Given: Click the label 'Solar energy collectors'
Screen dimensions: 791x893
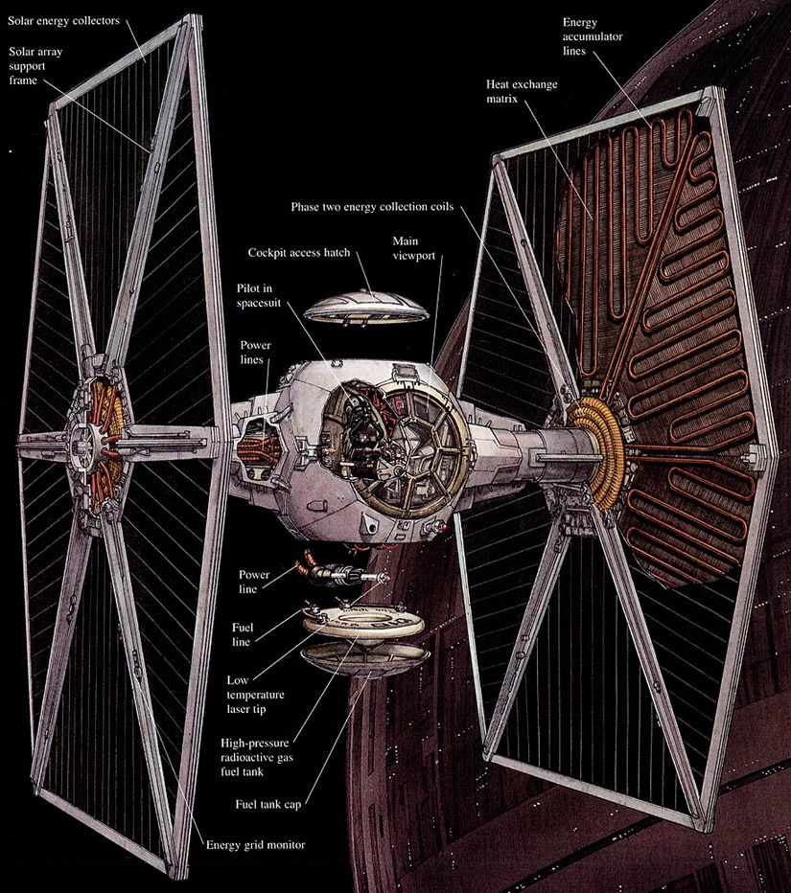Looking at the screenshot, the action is pyautogui.click(x=63, y=21).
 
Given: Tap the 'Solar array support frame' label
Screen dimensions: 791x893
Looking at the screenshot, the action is pyautogui.click(x=35, y=66).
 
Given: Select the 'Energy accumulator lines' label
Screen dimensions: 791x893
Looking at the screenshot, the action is pyautogui.click(x=593, y=36).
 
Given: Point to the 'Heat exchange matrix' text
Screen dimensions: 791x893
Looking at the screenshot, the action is pyautogui.click(x=522, y=91).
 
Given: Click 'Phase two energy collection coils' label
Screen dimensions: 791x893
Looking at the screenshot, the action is pyautogui.click(x=372, y=207).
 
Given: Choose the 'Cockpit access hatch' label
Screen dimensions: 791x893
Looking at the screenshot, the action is pyautogui.click(x=298, y=252).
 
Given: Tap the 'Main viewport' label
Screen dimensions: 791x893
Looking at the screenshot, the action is pyautogui.click(x=414, y=248).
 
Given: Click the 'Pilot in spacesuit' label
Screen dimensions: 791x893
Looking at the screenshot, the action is pyautogui.click(x=259, y=295).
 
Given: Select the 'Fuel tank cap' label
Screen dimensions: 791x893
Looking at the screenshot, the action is pyautogui.click(x=268, y=804).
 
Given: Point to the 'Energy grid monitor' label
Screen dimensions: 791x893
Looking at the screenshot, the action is pyautogui.click(x=255, y=844).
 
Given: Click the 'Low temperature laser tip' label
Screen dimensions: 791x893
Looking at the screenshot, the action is pyautogui.click(x=255, y=695).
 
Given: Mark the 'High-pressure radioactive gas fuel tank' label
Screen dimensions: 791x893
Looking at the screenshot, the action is pyautogui.click(x=256, y=758).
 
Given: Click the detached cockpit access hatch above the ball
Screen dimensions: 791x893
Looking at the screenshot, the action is pyautogui.click(x=365, y=309).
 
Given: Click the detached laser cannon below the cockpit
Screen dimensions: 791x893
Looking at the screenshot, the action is pyautogui.click(x=340, y=571).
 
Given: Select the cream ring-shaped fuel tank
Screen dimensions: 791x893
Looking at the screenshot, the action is pyautogui.click(x=363, y=623).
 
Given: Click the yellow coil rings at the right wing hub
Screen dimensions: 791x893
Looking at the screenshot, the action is pyautogui.click(x=596, y=453).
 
